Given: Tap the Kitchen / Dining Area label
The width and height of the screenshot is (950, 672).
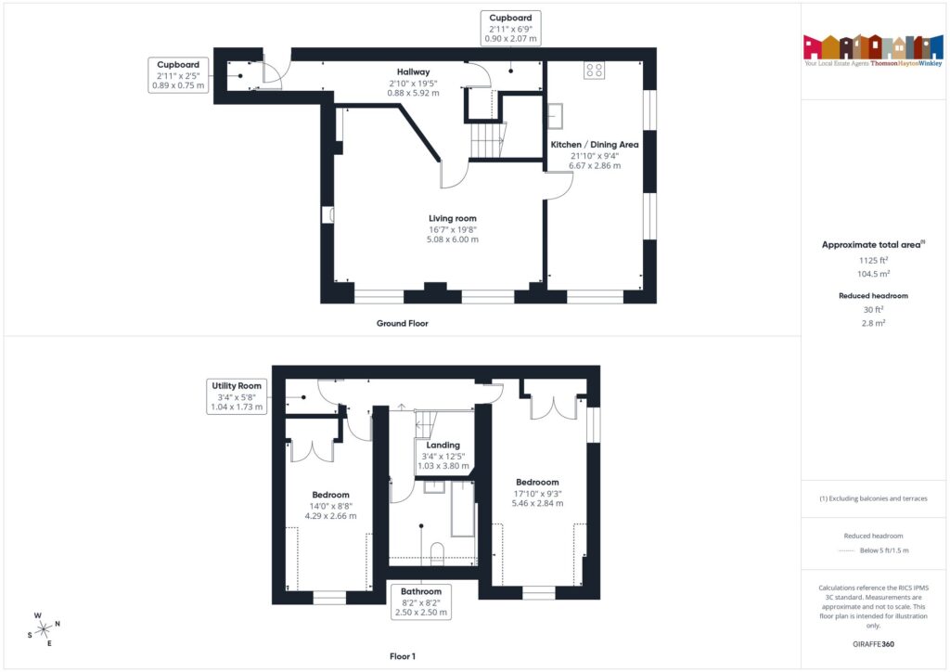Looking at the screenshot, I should pyautogui.click(x=595, y=145).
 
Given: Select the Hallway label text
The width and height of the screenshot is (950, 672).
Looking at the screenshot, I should pyautogui.click(x=413, y=71).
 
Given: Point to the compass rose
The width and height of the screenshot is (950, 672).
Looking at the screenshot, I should pyautogui.click(x=43, y=627).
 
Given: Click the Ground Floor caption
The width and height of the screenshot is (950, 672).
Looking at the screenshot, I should pyautogui.click(x=402, y=323).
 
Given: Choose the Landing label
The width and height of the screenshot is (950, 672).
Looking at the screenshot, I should pyautogui.click(x=443, y=445).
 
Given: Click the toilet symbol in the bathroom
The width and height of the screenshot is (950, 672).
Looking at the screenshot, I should pyautogui.click(x=438, y=554).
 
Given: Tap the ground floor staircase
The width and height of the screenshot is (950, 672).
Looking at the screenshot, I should pyautogui.click(x=489, y=140).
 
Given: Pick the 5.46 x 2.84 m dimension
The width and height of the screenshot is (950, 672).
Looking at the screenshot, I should pyautogui.click(x=537, y=504).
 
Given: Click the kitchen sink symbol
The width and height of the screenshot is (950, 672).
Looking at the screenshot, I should pyautogui.click(x=557, y=114).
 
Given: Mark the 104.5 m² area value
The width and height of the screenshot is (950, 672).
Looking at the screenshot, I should pyautogui.click(x=872, y=275).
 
